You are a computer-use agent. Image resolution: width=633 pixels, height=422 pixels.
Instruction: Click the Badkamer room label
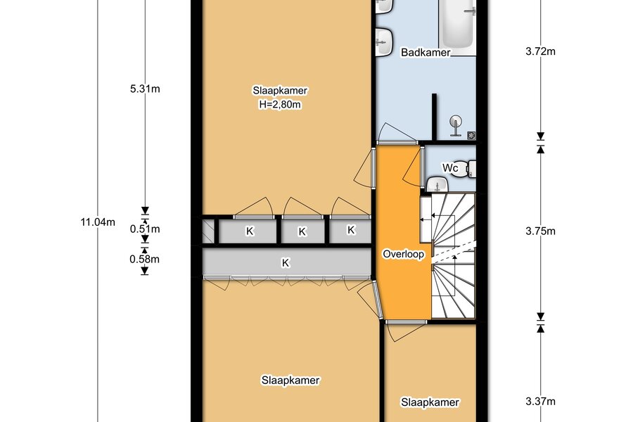[x=425, y=53]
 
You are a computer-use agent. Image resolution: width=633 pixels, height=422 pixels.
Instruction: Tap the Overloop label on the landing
[x=403, y=254]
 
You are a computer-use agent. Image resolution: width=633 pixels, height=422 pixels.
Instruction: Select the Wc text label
[x=450, y=167]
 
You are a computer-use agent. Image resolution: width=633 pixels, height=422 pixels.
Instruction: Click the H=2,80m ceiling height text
[x=280, y=105]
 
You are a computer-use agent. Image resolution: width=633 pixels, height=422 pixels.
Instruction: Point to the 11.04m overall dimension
[x=98, y=222]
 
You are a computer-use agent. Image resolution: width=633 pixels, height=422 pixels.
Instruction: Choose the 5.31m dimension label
[x=144, y=89]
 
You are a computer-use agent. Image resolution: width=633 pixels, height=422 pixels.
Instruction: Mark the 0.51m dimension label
[x=144, y=229]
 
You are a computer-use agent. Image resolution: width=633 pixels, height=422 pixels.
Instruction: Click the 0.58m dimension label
[x=144, y=259]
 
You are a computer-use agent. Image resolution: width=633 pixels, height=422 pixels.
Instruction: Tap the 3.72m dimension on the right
[x=540, y=51]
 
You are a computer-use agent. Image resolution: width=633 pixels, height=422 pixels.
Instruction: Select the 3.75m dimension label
[x=540, y=231]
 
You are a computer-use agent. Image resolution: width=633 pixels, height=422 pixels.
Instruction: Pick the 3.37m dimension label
[x=540, y=402]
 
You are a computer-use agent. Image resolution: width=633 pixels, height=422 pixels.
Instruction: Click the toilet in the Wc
[x=471, y=168]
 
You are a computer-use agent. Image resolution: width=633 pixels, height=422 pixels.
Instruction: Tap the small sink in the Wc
[x=437, y=184]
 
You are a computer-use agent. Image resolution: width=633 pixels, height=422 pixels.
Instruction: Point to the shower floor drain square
[x=471, y=135]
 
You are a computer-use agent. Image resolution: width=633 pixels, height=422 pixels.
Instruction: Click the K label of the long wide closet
[x=286, y=263]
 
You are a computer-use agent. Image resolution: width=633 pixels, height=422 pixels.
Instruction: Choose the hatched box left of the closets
[x=208, y=231]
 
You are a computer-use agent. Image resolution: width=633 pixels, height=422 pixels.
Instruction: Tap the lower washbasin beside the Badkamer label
[x=384, y=41]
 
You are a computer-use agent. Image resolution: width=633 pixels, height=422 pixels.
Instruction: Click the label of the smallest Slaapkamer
[x=430, y=402]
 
